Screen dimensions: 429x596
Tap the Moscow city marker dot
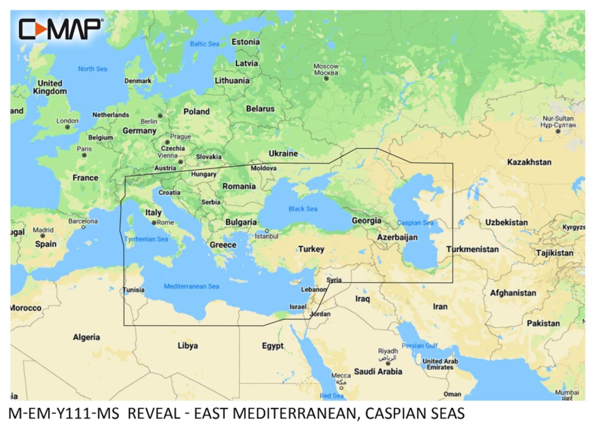click(326, 79)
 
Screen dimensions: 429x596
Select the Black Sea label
click(303, 209)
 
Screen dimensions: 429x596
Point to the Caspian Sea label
click(415, 223)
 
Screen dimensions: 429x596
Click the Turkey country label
click(311, 249)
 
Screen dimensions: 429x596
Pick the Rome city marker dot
click(154, 223)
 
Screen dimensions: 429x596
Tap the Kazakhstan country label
click(529, 162)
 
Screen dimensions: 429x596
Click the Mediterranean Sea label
click(191, 286)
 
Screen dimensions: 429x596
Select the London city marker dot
click(67, 127)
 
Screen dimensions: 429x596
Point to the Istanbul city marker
click(267, 231)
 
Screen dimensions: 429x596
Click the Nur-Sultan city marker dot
click(558, 131)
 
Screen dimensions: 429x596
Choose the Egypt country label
click(273, 346)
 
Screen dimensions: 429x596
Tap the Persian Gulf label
click(419, 346)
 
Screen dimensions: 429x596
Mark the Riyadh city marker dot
click(388, 363)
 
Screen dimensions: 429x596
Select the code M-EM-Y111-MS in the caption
click(64, 414)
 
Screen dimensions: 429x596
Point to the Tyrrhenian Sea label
click(146, 239)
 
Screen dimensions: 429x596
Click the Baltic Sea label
click(204, 44)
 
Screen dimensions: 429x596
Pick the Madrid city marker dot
click(43, 236)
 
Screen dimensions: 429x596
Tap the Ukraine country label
click(283, 153)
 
